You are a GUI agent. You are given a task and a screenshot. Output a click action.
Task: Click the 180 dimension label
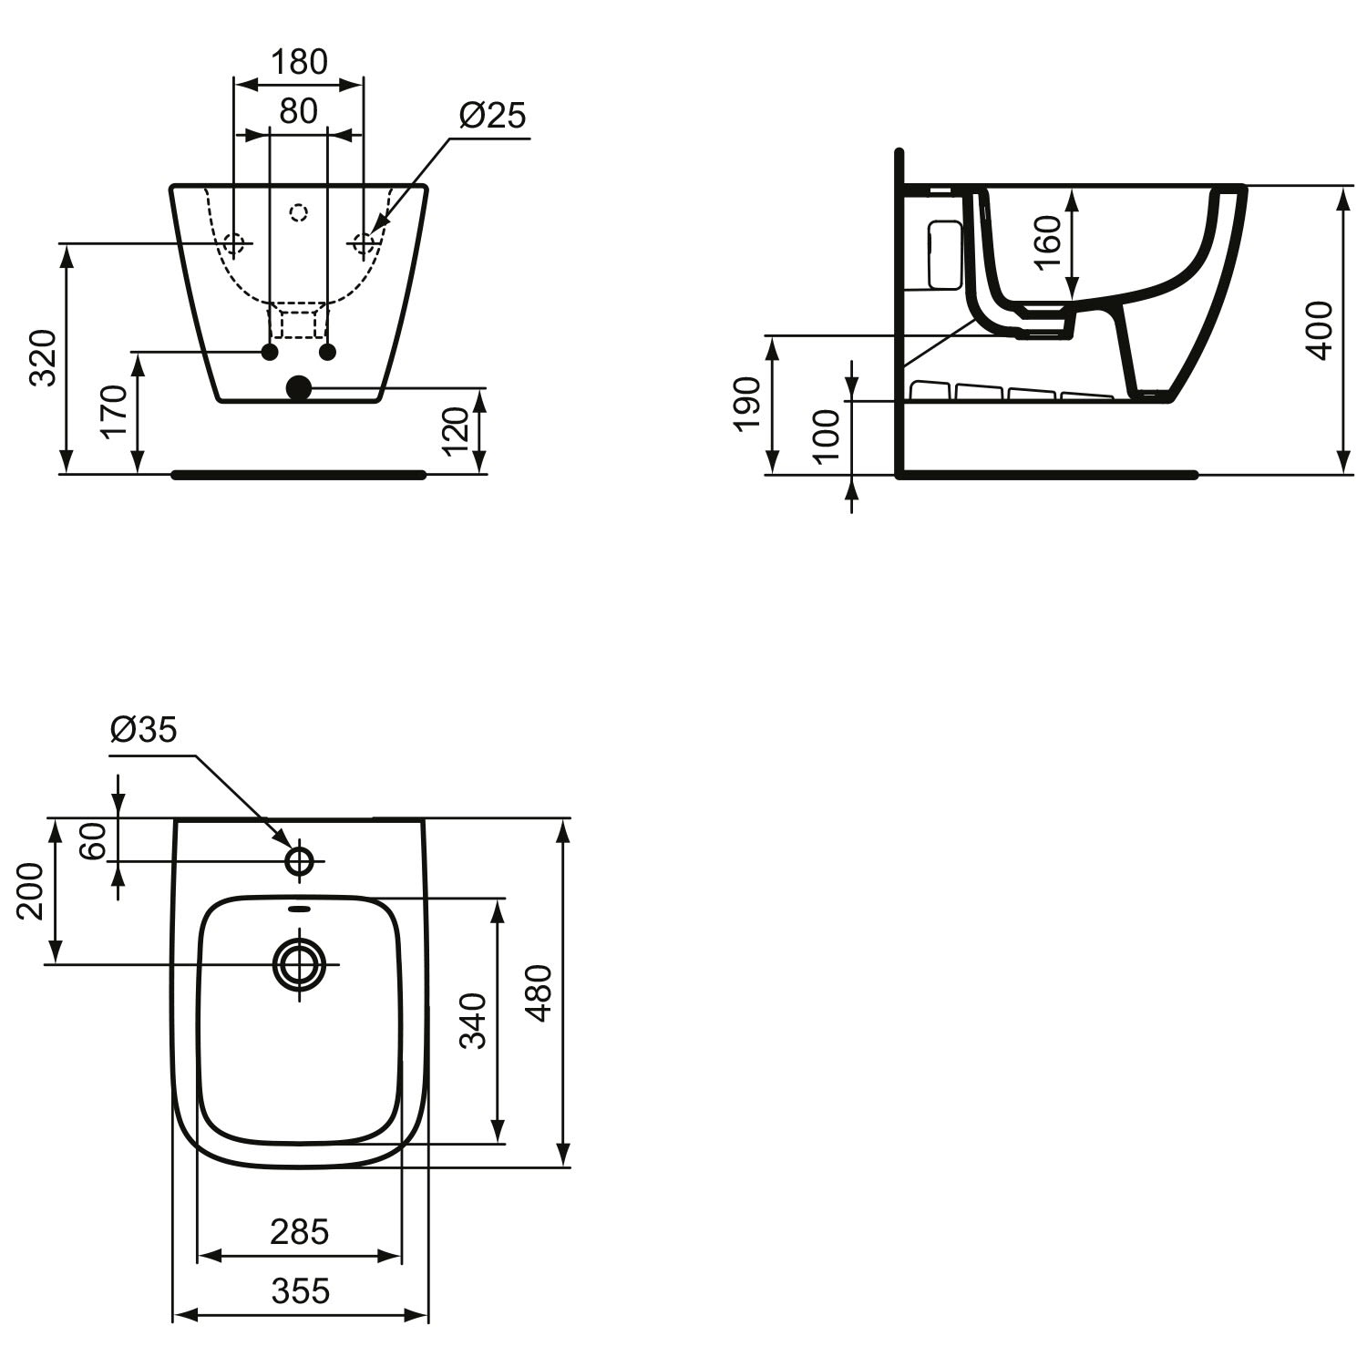(299, 62)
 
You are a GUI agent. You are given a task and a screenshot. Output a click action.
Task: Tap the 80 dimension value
(298, 111)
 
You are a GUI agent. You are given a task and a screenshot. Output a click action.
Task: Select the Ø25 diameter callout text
(493, 116)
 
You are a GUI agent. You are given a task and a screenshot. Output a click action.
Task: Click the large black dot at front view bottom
(299, 388)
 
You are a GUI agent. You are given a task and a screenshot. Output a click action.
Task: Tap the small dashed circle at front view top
(299, 213)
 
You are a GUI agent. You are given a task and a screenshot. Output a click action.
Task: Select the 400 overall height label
(1321, 329)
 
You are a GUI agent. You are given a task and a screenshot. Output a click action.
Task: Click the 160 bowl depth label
(1049, 241)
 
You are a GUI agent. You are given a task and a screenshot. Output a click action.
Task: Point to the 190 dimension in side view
(746, 403)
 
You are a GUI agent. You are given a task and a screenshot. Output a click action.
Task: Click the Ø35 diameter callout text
(143, 729)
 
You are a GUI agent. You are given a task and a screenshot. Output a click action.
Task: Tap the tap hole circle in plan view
(300, 859)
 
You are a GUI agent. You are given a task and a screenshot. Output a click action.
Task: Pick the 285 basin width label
(299, 1232)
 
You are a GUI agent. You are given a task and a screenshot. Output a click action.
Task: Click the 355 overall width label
(301, 1290)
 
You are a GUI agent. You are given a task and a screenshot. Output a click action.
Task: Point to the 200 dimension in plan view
(31, 890)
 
